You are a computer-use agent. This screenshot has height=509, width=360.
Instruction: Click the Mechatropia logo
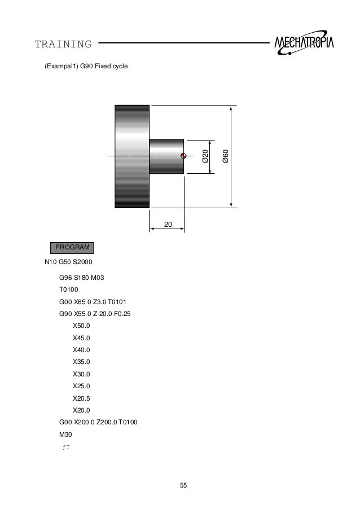click(304, 42)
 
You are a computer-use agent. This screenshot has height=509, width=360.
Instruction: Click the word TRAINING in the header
click(63, 44)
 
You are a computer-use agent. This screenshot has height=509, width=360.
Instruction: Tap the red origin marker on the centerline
click(183, 156)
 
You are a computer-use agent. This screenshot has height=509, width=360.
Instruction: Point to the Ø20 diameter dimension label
click(205, 156)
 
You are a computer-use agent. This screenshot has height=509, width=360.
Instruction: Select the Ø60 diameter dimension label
click(225, 156)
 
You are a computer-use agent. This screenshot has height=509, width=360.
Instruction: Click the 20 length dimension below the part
click(168, 225)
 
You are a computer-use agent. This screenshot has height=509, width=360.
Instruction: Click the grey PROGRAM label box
click(72, 248)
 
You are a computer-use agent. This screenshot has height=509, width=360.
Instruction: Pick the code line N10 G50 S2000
click(68, 262)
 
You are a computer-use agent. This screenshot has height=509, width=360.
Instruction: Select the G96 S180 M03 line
click(81, 278)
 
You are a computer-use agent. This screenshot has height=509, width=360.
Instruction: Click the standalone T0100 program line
click(68, 289)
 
